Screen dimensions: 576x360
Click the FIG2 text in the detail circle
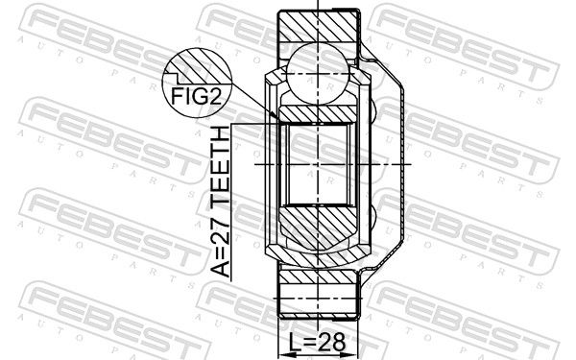pyautogui.click(x=197, y=96)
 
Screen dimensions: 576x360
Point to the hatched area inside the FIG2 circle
pyautogui.click(x=202, y=66)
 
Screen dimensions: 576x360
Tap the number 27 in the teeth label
pyautogui.click(x=221, y=220)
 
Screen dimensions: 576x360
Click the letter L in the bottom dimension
pyautogui.click(x=295, y=342)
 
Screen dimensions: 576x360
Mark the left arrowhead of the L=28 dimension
pyautogui.click(x=285, y=355)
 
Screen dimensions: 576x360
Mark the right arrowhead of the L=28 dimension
pyautogui.click(x=350, y=355)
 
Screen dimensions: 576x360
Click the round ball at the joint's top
pyautogui.click(x=318, y=73)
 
